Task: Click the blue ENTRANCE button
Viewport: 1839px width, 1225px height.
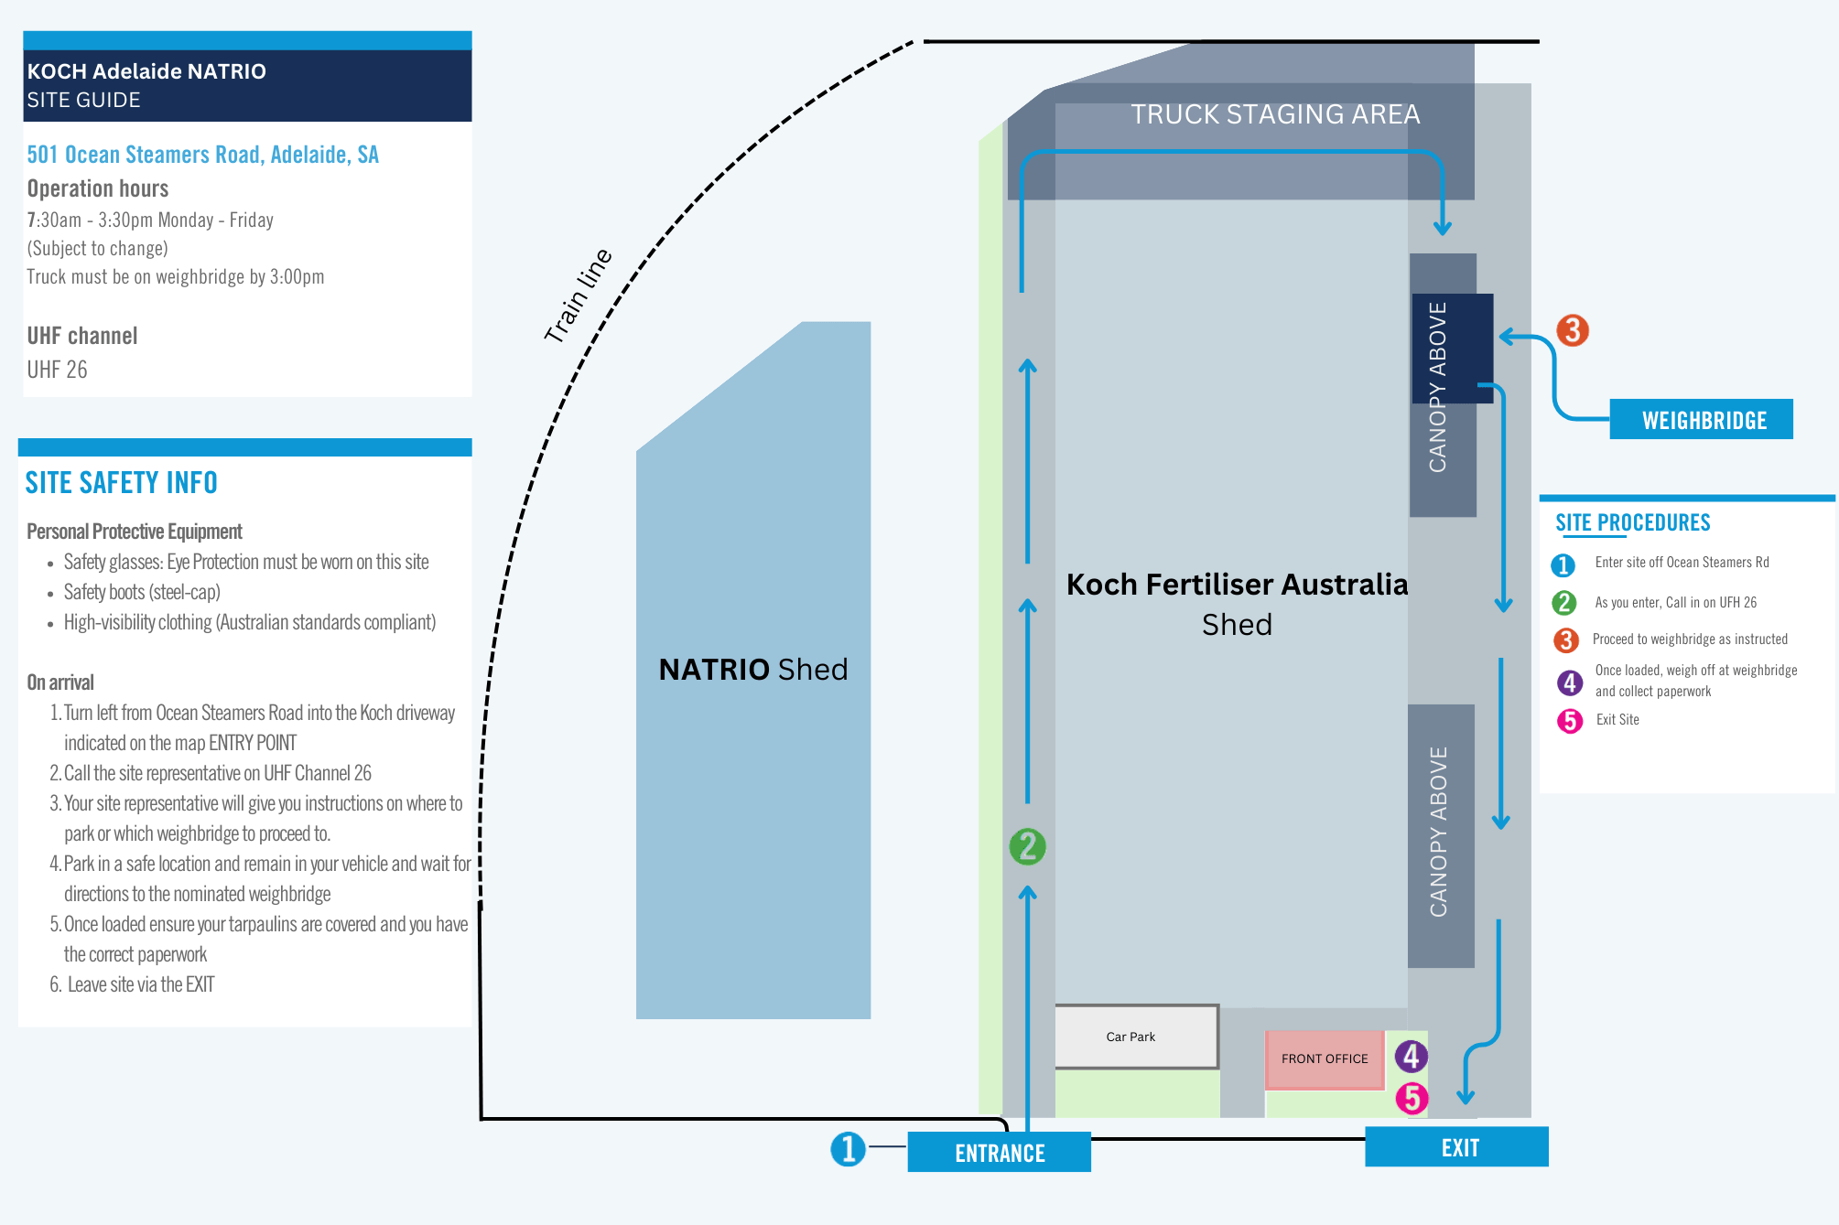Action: click(x=999, y=1152)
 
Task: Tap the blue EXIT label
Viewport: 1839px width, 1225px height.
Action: click(x=1456, y=1147)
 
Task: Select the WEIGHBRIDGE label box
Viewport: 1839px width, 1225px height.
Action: click(x=1701, y=419)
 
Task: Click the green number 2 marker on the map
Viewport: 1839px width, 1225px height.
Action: click(x=1027, y=846)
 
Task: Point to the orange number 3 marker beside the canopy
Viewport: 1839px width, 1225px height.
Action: click(x=1573, y=330)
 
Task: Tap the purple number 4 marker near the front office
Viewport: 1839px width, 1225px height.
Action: click(x=1411, y=1056)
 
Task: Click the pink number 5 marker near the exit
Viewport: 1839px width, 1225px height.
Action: click(x=1412, y=1098)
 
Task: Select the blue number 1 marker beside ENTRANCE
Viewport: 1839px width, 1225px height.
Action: click(x=848, y=1149)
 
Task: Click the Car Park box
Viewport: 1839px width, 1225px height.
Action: click(x=1137, y=1037)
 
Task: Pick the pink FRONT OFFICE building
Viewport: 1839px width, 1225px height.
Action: click(x=1325, y=1058)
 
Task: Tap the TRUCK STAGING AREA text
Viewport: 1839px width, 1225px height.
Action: click(x=1275, y=114)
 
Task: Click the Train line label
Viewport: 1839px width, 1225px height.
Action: click(x=578, y=296)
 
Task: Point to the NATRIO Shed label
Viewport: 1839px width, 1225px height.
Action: click(x=753, y=670)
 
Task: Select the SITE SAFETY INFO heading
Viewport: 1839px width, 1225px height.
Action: click(x=121, y=482)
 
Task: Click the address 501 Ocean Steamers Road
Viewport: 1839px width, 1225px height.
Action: click(x=202, y=155)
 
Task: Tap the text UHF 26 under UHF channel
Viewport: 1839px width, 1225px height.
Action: click(x=57, y=370)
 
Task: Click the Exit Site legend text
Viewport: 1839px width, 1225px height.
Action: click(x=1617, y=720)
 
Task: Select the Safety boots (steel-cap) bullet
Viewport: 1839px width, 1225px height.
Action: click(x=142, y=592)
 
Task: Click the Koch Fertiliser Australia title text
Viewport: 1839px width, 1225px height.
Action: click(x=1237, y=584)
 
